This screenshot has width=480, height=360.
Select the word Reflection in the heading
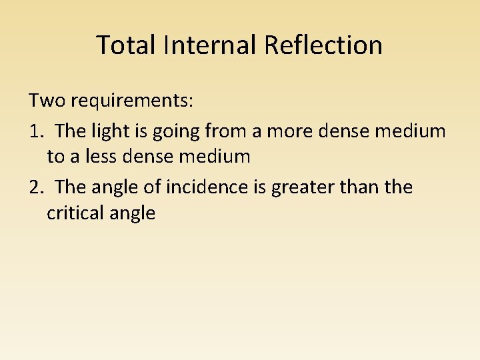(323, 45)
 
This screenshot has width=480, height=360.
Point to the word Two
(45, 101)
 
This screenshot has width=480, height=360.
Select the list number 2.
(36, 187)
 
